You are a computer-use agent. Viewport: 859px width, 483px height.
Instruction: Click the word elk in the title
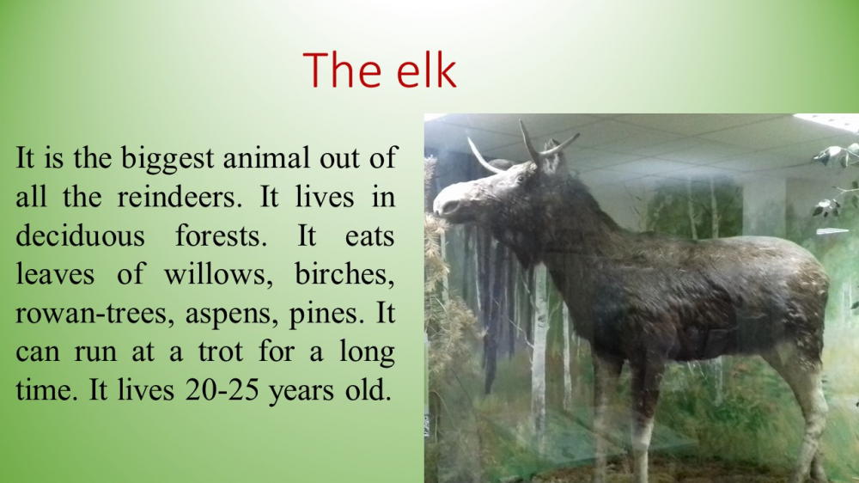[426, 70]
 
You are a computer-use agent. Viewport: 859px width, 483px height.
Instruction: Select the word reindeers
[180, 197]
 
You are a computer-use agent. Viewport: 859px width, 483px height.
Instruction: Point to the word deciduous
[80, 235]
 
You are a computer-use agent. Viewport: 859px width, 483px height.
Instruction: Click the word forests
[221, 235]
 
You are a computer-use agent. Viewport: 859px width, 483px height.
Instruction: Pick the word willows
[218, 274]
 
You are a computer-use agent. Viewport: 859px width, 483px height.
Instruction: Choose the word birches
[344, 274]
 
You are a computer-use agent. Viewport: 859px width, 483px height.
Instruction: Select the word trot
[220, 352]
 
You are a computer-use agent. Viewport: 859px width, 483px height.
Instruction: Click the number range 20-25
[222, 391]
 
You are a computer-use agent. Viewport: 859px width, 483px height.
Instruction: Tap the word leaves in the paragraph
[55, 274]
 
